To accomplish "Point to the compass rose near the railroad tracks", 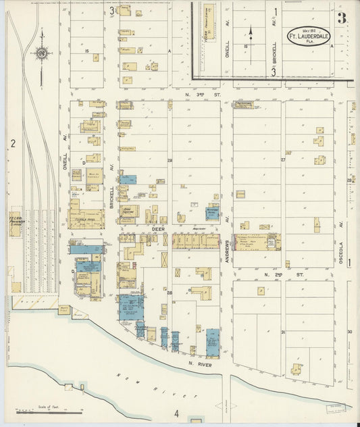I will coord(42,54).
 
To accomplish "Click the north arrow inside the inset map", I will coord(251,32).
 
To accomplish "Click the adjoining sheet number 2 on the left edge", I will coord(12,143).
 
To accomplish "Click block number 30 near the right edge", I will coord(349,332).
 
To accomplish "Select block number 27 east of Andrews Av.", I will coord(283,160).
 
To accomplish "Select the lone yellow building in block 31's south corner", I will coord(296,369).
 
